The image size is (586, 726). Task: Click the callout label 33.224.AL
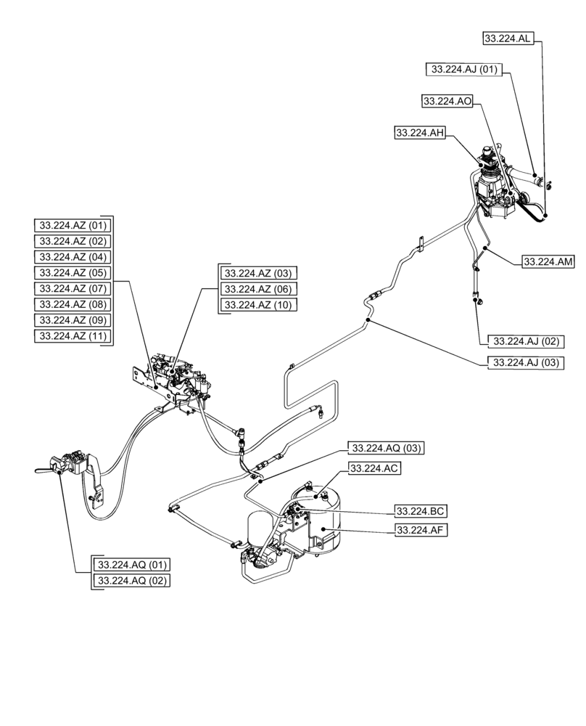click(x=508, y=38)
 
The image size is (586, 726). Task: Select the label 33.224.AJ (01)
click(x=464, y=70)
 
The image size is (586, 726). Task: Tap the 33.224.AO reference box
click(x=447, y=102)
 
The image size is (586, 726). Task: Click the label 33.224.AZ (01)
click(x=73, y=224)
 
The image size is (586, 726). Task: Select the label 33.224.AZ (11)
click(x=73, y=335)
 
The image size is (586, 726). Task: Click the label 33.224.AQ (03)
click(x=387, y=447)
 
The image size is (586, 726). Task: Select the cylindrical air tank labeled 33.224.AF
click(x=323, y=526)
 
